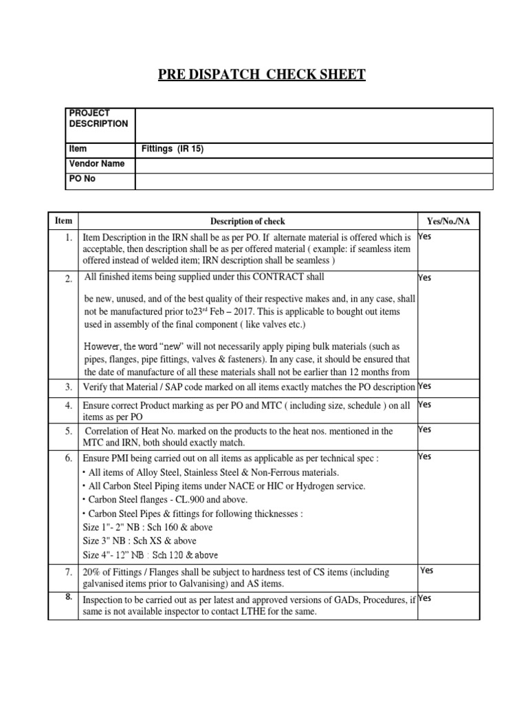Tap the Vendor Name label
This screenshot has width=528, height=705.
[96, 164]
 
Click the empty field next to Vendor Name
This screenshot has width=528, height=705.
[313, 165]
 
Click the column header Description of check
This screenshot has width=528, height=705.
[247, 221]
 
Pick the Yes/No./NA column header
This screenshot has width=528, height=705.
[448, 221]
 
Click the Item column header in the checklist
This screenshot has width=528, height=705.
[63, 221]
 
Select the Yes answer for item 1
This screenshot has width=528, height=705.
[425, 237]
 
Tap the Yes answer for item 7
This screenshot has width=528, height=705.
[427, 570]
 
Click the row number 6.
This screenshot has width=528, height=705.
[68, 458]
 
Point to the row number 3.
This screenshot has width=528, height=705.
[68, 387]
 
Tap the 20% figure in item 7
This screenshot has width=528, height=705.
[91, 572]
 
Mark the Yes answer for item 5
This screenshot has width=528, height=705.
[425, 430]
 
